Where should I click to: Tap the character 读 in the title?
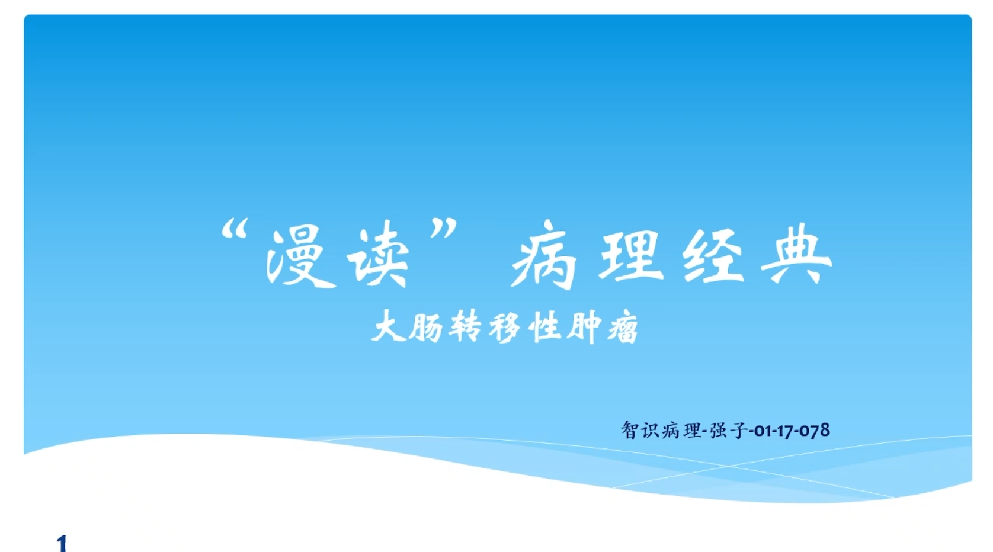378,254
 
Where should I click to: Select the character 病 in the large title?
544,254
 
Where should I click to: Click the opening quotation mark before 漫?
233,229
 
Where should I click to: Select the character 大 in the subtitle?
388,326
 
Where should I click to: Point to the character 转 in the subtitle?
465,326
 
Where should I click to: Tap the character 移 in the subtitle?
505,328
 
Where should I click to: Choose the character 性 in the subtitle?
545,327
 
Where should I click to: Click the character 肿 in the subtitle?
585,328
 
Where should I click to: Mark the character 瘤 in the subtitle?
623,328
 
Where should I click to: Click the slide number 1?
62,543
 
